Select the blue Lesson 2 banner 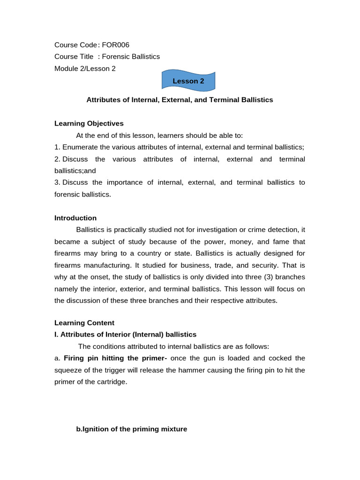[188, 81]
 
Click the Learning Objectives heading [89, 124]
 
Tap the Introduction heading [75, 218]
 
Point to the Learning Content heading [84, 323]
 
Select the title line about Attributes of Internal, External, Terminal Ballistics [180, 100]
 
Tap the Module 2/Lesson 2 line [85, 68]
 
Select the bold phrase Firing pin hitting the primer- [115, 358]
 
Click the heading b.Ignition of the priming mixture [132, 429]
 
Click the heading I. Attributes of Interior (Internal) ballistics [126, 335]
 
